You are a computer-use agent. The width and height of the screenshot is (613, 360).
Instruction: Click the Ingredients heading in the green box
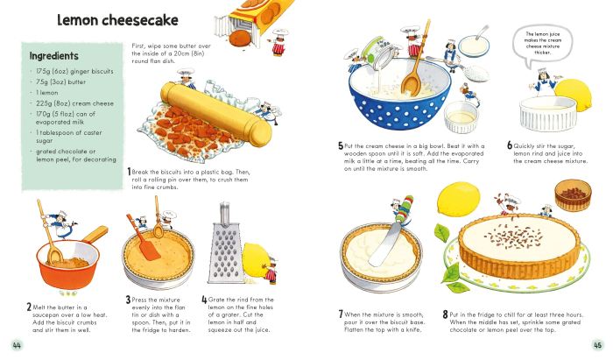[54, 53]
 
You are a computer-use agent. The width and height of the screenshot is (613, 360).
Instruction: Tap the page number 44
[17, 343]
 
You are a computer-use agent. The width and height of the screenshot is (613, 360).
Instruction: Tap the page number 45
[597, 343]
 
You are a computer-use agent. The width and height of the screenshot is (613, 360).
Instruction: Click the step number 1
[130, 172]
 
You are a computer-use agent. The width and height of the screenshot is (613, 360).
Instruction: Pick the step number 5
[340, 146]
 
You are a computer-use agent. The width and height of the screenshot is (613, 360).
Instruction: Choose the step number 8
[445, 314]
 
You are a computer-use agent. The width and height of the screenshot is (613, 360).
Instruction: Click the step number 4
[204, 300]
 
